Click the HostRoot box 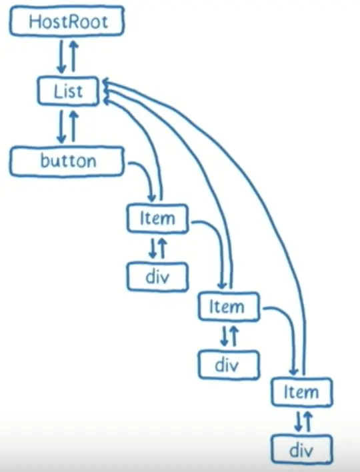(x=67, y=21)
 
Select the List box (x=68, y=91)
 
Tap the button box (x=67, y=161)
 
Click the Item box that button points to (x=157, y=218)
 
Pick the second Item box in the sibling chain (x=229, y=306)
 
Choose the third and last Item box (x=302, y=391)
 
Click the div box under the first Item (x=157, y=277)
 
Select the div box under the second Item (x=229, y=365)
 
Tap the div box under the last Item (x=302, y=450)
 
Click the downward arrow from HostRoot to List (x=62, y=57)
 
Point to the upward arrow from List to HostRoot (x=73, y=56)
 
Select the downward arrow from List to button (x=62, y=127)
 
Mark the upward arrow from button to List (x=73, y=126)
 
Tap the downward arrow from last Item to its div (x=298, y=421)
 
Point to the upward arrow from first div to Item (x=163, y=249)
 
